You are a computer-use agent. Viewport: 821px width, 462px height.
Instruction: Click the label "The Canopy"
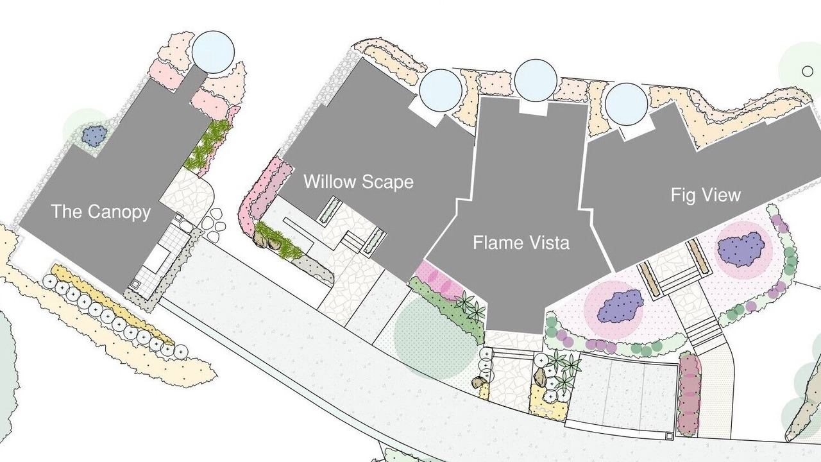(x=101, y=212)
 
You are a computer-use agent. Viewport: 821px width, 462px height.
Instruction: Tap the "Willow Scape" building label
(x=359, y=182)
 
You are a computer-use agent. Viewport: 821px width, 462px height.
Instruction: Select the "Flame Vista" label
(x=521, y=243)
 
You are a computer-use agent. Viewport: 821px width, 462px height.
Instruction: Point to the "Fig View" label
(x=706, y=194)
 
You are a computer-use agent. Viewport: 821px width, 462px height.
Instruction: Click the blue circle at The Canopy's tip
(x=213, y=52)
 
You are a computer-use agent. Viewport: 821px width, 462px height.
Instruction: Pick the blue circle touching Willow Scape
(x=441, y=90)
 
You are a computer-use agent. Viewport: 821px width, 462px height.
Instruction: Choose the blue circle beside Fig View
(x=626, y=104)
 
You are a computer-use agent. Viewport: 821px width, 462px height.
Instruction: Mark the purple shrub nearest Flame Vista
(x=620, y=306)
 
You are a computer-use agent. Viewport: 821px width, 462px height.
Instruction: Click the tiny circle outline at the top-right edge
(x=808, y=71)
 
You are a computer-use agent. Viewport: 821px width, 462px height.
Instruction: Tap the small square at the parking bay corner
(x=668, y=436)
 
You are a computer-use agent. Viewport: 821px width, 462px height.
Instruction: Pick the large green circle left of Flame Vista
(x=435, y=336)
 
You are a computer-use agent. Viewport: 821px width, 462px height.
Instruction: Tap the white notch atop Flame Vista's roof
(x=533, y=108)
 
